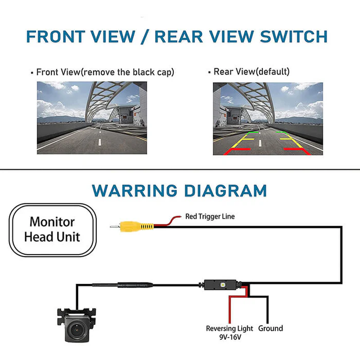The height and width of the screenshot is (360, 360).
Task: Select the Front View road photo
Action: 92,118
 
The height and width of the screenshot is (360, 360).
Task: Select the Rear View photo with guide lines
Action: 268,118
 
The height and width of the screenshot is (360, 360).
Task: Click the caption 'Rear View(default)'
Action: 251,72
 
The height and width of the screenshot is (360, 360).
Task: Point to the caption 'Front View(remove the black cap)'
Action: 105,72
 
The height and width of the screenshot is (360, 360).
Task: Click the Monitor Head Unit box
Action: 53,229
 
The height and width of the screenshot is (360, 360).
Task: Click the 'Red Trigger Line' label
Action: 210,217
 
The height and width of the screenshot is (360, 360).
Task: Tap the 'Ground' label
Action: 271,328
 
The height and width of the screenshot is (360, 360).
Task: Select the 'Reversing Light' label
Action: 229,328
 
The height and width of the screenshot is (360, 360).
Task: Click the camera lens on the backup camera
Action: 76,327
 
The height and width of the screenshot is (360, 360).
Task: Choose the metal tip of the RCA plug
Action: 114,226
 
